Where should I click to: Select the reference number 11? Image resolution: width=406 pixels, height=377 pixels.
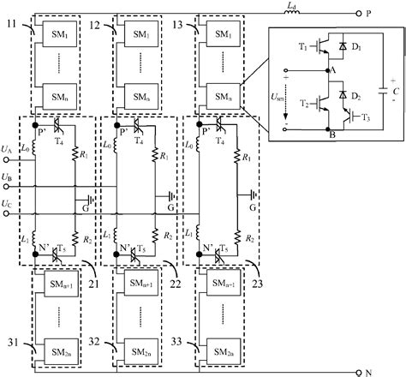[x=13, y=26]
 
